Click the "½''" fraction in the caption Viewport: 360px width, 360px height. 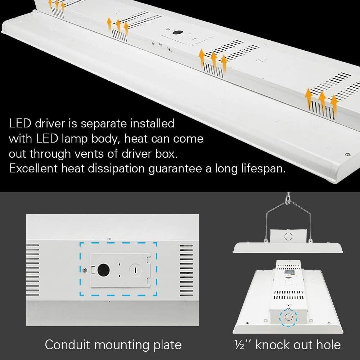pyautogui.click(x=240, y=345)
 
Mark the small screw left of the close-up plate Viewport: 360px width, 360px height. pyautogui.click(x=84, y=270)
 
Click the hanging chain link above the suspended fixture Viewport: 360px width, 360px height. pyautogui.click(x=288, y=198)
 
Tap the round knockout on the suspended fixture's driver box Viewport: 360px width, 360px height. pyautogui.click(x=288, y=236)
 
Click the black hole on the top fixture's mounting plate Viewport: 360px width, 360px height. pyautogui.click(x=176, y=33)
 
